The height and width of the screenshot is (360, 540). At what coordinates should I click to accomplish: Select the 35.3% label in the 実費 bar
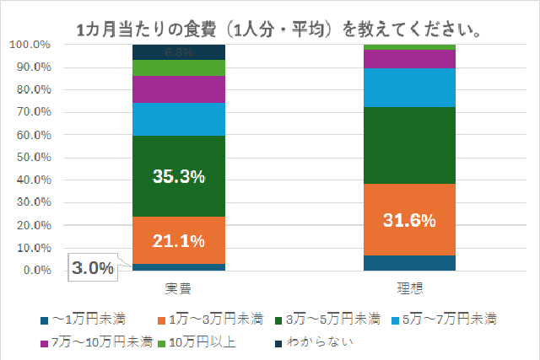[x=178, y=176]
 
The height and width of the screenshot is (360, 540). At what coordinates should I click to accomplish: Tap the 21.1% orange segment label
[x=178, y=241]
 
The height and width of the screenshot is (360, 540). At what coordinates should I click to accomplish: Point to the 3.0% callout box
[x=93, y=268]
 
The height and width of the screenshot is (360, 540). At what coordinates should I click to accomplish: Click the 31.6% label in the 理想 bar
[x=409, y=221]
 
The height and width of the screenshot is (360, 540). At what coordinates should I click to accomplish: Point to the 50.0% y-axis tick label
[x=34, y=158]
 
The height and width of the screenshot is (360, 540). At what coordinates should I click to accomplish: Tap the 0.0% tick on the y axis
[x=37, y=271]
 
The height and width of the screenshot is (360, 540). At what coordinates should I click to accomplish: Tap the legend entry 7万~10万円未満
[x=94, y=341]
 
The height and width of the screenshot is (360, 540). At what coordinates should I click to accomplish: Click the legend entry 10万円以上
[x=203, y=341]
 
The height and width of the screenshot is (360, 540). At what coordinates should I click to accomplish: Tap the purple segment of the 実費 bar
[x=178, y=89]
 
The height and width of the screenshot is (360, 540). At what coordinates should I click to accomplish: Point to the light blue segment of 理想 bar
[x=409, y=87]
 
